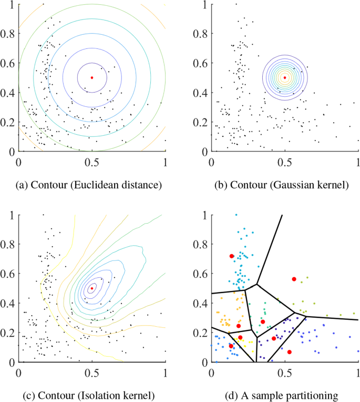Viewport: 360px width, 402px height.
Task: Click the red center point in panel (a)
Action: click(92, 77)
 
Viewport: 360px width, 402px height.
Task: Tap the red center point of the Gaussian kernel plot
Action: click(285, 77)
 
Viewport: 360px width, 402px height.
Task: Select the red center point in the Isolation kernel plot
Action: click(92, 288)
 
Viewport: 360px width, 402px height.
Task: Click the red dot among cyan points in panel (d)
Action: click(231, 256)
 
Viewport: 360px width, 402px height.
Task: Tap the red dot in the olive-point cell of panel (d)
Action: click(294, 279)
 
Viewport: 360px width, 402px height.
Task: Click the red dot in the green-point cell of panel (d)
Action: click(263, 321)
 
